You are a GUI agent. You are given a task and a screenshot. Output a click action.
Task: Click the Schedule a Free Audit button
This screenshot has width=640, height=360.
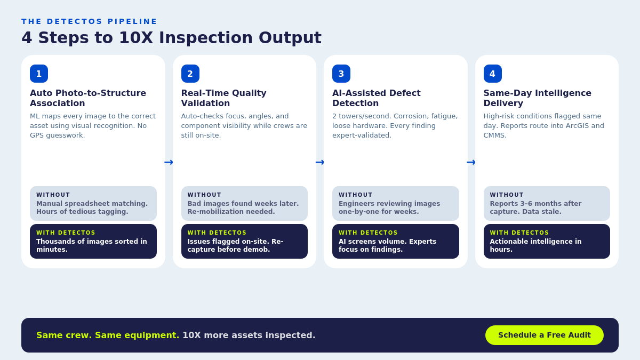coord(544,335)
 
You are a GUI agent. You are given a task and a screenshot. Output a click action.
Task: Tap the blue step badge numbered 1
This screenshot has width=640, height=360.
coord(39,74)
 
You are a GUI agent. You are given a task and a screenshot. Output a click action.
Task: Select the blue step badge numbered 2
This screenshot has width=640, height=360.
coord(190,74)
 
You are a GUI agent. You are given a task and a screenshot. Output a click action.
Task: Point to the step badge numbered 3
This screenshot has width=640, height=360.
coord(341,74)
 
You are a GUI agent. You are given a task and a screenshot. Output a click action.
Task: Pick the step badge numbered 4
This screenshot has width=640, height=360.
coord(492,74)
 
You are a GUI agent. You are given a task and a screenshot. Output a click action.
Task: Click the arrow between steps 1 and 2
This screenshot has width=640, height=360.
coord(169,162)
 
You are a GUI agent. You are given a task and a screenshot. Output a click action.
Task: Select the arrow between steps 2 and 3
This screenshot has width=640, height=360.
coord(320,162)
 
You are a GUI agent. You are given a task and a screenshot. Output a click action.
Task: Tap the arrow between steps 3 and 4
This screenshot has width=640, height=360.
coord(471,162)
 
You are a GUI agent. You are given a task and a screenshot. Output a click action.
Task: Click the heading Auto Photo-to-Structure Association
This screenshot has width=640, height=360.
coord(88,98)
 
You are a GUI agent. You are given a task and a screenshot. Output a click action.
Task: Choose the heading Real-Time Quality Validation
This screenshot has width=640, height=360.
coord(223,98)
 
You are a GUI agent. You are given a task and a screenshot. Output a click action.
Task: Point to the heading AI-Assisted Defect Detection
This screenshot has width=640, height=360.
coord(376,98)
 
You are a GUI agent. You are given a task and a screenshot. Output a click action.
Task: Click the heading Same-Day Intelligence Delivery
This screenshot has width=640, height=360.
coord(537,98)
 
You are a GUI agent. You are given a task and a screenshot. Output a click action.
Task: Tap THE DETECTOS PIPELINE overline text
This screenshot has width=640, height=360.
coord(89,21)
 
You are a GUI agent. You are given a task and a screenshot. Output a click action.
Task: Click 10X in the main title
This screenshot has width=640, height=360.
coord(136,38)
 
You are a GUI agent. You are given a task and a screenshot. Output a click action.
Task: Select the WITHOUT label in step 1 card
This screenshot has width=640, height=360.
coord(53,195)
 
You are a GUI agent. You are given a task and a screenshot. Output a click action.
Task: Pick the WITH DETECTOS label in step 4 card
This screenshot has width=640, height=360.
coord(519,233)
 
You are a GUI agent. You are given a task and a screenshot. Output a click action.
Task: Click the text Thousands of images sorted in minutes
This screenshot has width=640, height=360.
coord(91,245)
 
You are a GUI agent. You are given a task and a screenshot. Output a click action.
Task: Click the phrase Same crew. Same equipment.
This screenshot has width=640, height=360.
coord(108,335)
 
